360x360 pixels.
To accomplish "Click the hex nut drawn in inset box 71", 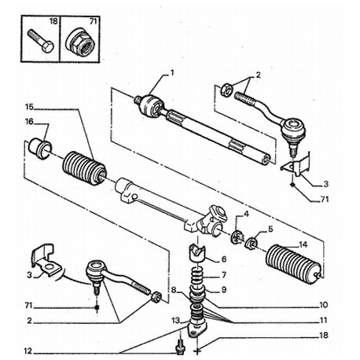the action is [x=80, y=43].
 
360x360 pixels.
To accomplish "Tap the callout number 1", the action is [x=172, y=72].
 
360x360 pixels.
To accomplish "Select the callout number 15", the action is [x=29, y=107].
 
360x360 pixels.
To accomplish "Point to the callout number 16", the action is [x=29, y=122].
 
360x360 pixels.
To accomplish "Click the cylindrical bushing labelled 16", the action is [x=40, y=148].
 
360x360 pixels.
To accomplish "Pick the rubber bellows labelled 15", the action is [x=84, y=168].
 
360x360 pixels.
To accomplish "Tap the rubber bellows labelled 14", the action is [x=293, y=265].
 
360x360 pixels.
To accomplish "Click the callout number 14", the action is [x=303, y=244].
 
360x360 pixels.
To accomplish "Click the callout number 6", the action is [x=223, y=259].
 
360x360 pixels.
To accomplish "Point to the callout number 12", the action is [x=28, y=351].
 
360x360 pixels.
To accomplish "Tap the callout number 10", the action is [x=324, y=305].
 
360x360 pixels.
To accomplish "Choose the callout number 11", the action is [x=324, y=320].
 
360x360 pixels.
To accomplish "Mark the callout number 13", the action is [x=176, y=320].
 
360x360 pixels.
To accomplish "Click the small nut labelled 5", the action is [x=252, y=243].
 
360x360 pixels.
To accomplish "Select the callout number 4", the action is [x=246, y=214].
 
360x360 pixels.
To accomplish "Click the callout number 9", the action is [x=223, y=289].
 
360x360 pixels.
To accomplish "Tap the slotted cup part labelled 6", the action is [x=197, y=253].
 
